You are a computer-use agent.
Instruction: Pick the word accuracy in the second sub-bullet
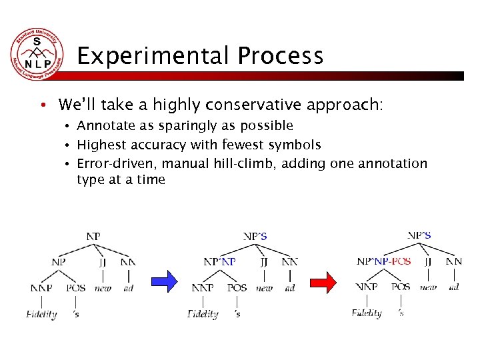point(159,145)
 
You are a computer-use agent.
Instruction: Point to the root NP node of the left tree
point(94,236)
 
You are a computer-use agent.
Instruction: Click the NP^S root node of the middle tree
point(255,236)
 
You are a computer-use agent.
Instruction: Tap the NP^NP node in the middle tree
point(219,262)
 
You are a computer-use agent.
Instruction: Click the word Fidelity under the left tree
point(41,314)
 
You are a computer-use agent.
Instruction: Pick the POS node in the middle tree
point(237,288)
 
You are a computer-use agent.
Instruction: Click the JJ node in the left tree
point(103,262)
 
